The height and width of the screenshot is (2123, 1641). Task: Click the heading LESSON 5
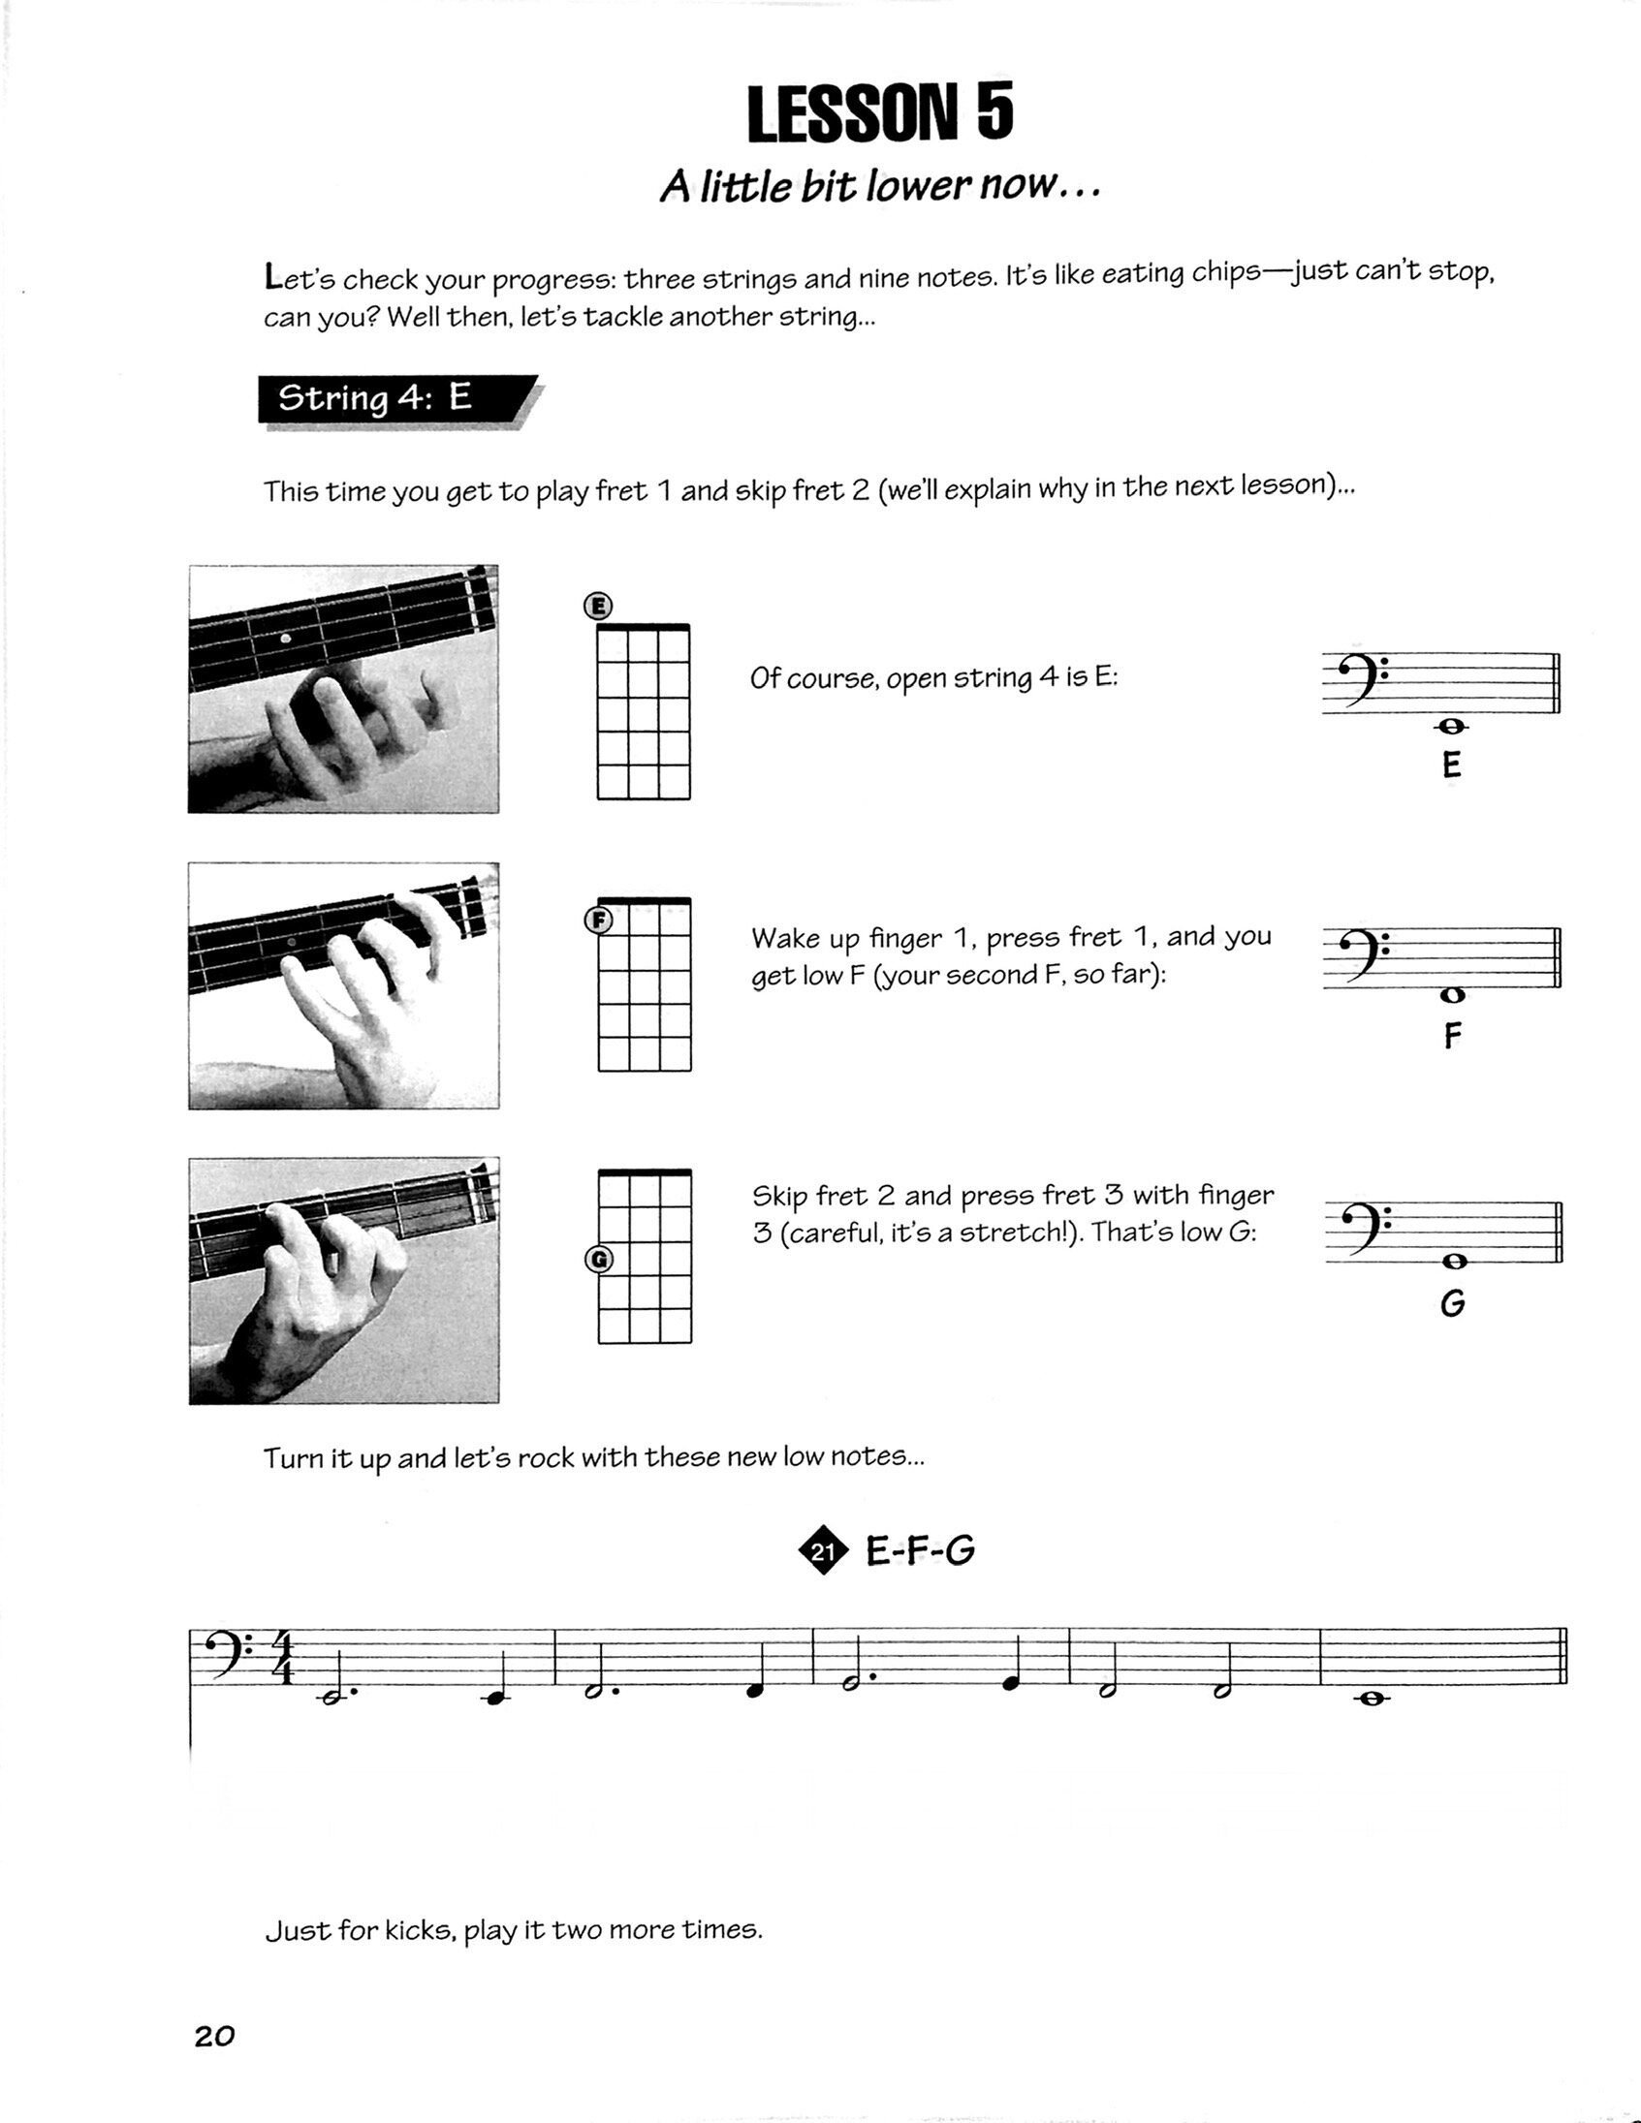point(880,113)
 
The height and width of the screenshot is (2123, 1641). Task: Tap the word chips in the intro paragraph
point(1225,273)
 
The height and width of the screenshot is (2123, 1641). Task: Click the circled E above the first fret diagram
point(598,607)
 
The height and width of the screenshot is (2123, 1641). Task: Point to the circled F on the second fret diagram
point(599,920)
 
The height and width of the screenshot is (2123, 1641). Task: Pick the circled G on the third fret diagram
point(599,1260)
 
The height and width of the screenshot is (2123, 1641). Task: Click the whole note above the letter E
point(1451,726)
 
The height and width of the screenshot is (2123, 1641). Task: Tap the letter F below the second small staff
point(1452,1036)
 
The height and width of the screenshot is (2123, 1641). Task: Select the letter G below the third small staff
point(1452,1303)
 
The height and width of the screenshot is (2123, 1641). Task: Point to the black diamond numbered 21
point(823,1550)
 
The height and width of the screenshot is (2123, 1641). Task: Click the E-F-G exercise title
point(920,1550)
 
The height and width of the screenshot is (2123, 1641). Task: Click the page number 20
point(214,2037)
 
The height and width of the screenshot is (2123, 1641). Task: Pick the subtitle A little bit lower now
point(880,186)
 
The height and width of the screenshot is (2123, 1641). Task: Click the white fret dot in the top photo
point(285,639)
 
